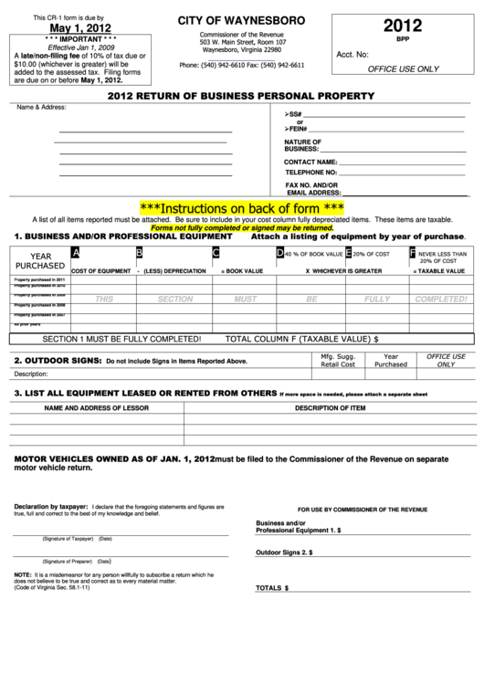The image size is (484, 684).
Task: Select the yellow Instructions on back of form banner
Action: click(x=241, y=207)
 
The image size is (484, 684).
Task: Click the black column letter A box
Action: click(x=76, y=253)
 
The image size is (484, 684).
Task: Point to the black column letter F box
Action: click(x=413, y=253)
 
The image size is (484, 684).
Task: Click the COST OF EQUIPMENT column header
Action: click(x=100, y=271)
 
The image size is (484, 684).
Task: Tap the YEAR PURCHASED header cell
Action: click(x=40, y=261)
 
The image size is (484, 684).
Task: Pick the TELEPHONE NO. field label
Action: click(x=311, y=172)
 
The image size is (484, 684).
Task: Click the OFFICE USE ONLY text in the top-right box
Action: click(x=402, y=68)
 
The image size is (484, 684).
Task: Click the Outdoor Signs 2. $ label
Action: click(x=284, y=552)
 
